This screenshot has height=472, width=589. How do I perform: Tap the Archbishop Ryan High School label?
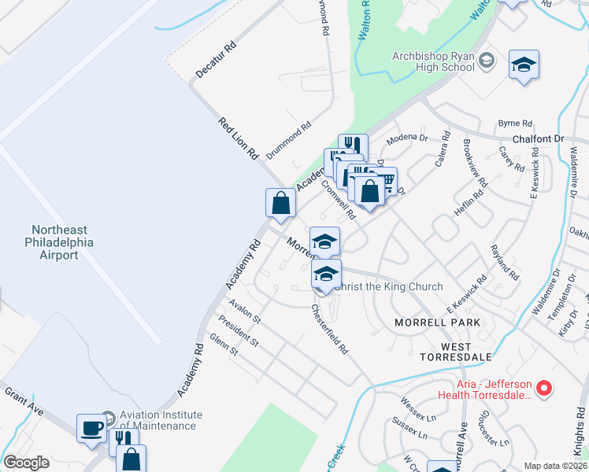coord(434,62)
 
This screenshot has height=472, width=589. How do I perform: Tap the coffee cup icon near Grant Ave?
coord(91,428)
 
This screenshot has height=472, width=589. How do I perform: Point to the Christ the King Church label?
coord(387,286)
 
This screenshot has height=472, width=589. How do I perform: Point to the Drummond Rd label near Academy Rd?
coord(289,136)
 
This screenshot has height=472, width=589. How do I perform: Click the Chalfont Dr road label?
coord(539,138)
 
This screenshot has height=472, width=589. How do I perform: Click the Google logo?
coord(26,463)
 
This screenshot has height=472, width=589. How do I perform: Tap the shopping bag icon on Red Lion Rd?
coord(280,203)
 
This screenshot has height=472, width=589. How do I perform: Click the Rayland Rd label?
coord(504,263)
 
